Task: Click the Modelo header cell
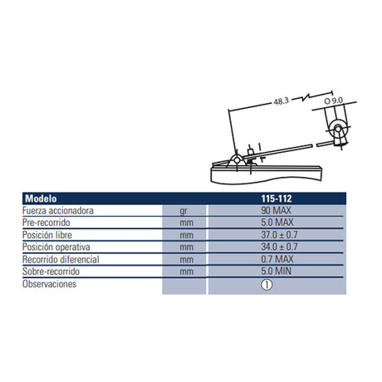[x=41, y=198]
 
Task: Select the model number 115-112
[x=277, y=198]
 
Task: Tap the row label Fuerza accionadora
[x=58, y=211]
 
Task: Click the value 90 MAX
[x=276, y=211]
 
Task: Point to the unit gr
[x=184, y=212]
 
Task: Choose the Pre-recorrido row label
[x=47, y=223]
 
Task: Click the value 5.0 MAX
[x=277, y=223]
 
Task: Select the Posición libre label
[x=47, y=235]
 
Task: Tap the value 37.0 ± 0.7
[x=279, y=235]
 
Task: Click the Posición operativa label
[x=56, y=247]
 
